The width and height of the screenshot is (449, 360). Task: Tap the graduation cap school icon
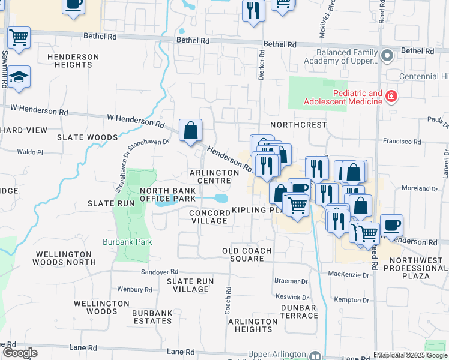click(19, 77)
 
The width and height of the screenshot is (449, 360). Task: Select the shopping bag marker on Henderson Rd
click(190, 130)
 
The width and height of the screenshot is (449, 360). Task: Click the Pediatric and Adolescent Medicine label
click(357, 97)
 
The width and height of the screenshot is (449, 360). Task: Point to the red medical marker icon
click(391, 95)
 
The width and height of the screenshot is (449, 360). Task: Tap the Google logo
click(19, 353)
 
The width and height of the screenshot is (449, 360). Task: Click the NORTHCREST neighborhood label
click(298, 125)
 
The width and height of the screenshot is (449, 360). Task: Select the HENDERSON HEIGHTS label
click(73, 61)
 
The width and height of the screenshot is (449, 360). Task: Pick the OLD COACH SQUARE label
click(247, 254)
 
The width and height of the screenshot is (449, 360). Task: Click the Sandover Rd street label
click(160, 272)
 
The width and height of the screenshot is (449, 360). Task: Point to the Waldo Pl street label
click(31, 152)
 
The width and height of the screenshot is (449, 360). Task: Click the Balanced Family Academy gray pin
click(387, 56)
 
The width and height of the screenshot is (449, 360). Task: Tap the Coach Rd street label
click(228, 299)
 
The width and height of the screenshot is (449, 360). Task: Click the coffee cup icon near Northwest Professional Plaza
click(391, 225)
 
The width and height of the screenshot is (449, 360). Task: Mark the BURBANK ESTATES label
click(152, 317)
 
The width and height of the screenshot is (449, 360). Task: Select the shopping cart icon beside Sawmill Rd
click(19, 37)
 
